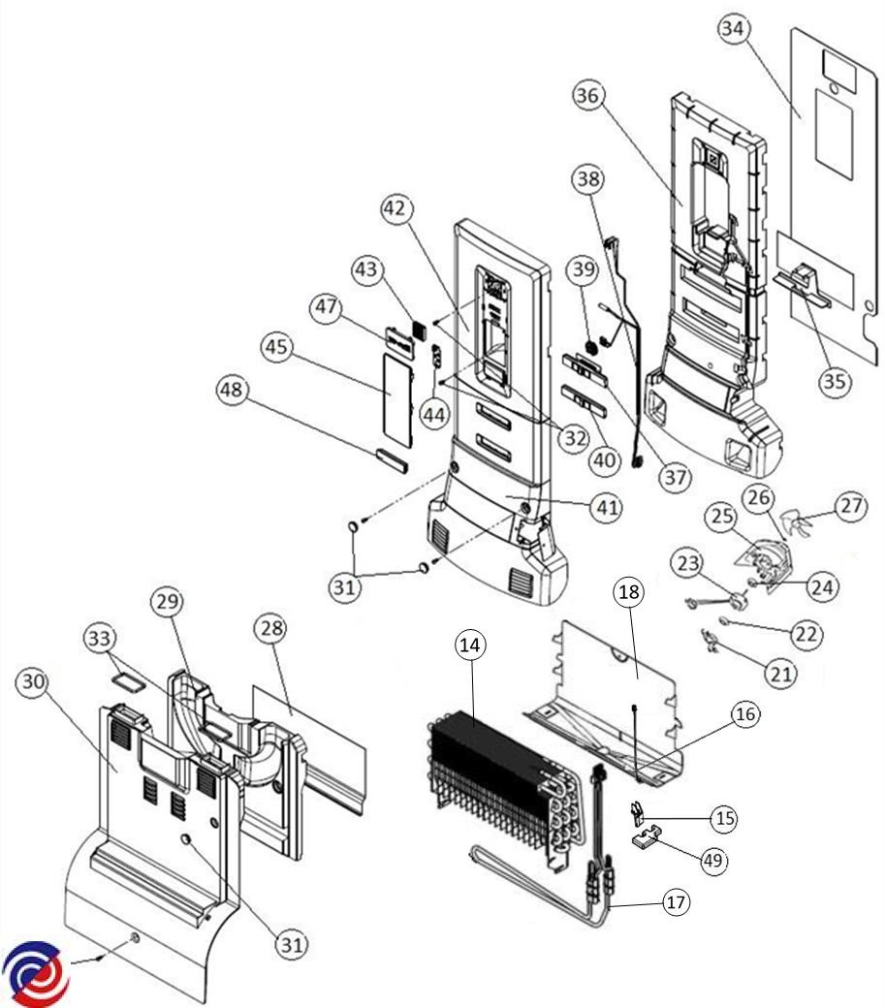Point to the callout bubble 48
(234, 390)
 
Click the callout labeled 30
(35, 682)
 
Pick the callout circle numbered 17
(676, 902)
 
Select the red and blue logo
(36, 972)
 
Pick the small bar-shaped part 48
(392, 456)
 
